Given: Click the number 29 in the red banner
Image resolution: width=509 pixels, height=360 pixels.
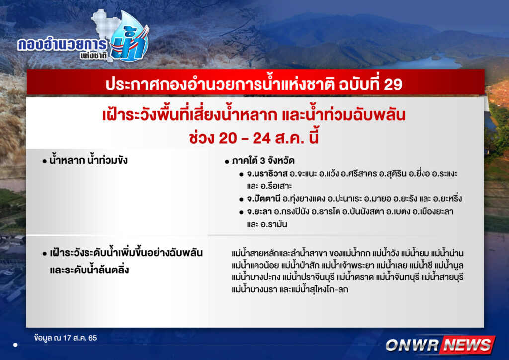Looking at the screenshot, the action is click(x=393, y=84).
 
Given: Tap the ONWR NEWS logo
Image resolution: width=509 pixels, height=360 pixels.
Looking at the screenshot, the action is click(x=440, y=345).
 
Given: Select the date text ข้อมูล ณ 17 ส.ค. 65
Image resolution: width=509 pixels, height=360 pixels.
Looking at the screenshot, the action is click(x=66, y=338).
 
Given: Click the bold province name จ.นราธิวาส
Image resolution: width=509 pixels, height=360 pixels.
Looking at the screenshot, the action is click(x=267, y=174).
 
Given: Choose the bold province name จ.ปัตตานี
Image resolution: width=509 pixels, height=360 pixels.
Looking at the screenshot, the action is click(x=263, y=199).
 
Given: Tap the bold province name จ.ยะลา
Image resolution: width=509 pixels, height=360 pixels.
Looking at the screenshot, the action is click(x=258, y=212).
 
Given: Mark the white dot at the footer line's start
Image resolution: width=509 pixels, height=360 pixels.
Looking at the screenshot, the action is click(x=15, y=345).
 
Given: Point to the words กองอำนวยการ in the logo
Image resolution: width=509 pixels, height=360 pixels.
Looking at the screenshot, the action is click(x=62, y=45).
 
